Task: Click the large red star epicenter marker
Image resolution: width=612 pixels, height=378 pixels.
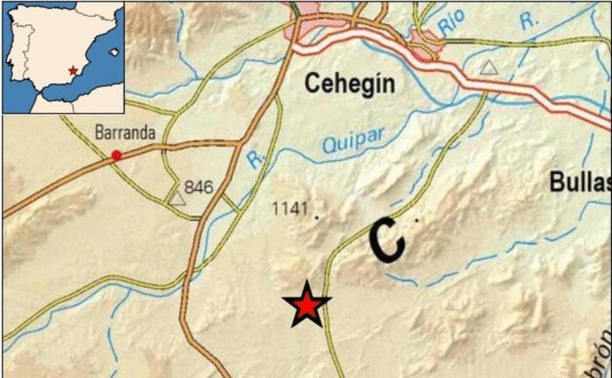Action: (307, 305)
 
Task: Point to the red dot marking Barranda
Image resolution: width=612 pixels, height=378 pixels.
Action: (116, 156)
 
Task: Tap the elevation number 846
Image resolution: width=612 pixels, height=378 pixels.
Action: (199, 187)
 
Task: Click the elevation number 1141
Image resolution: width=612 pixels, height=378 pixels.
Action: (289, 209)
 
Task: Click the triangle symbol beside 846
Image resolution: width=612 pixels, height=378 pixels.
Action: (178, 198)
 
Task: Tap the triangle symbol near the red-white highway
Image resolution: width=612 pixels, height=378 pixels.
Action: (488, 68)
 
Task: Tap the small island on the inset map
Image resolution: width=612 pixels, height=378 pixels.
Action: (116, 51)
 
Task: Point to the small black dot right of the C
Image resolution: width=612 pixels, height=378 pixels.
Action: (417, 220)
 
